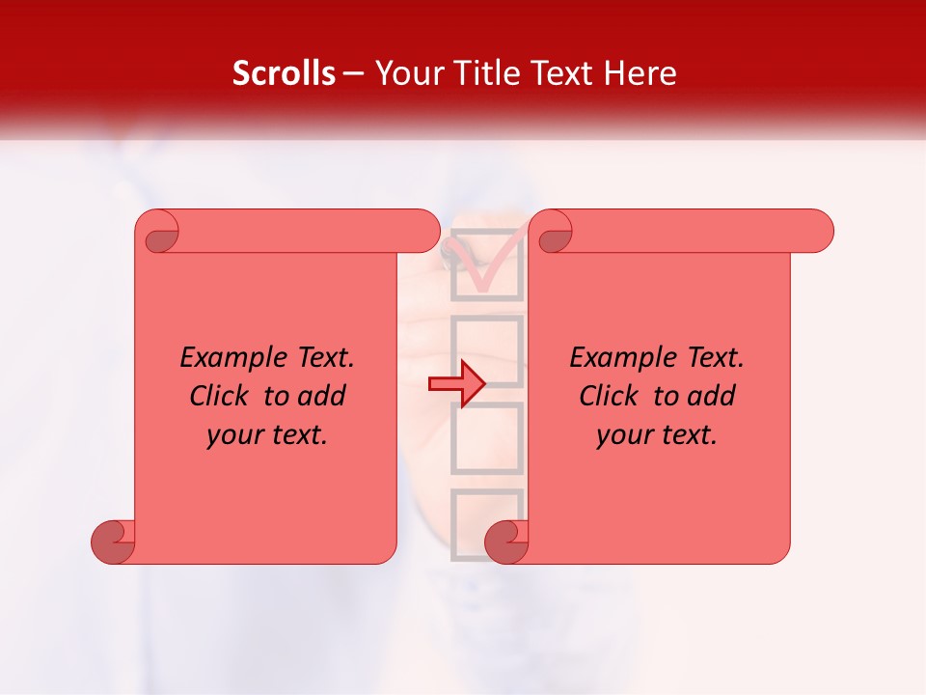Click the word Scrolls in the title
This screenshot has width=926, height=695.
point(284,73)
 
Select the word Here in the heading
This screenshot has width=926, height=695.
point(638,73)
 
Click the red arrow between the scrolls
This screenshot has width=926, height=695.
point(457,383)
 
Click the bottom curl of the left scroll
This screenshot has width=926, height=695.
point(114,542)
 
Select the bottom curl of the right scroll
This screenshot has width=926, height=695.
point(507,542)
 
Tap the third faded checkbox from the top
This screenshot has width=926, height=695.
point(487,437)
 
